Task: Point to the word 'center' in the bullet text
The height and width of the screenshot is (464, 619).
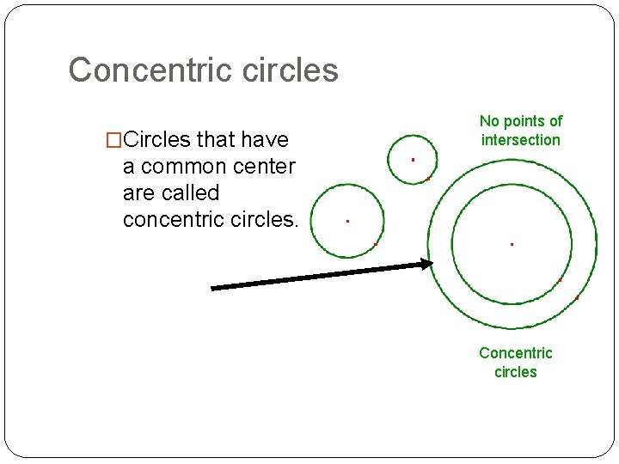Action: point(264,166)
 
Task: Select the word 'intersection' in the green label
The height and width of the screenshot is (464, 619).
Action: point(520,140)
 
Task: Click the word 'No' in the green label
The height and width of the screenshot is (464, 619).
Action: point(489,121)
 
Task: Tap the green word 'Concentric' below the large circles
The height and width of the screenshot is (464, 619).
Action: point(515,353)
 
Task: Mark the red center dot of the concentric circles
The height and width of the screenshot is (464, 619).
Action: point(512,244)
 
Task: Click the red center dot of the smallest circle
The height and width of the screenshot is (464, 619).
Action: point(413,160)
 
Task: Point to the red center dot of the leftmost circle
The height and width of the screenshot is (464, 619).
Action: point(347,221)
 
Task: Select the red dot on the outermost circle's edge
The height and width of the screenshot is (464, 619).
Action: point(577,298)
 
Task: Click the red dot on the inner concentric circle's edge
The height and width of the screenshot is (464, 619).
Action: point(559,281)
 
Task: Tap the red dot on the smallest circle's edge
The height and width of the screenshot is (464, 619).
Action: point(428,179)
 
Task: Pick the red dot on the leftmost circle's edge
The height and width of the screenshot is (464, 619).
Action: point(376,244)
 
